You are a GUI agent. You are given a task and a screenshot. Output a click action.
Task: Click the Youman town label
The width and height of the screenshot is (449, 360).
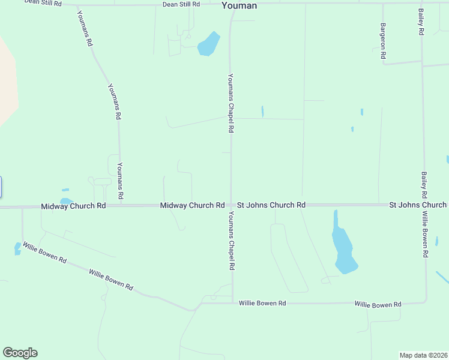[x=239, y=5]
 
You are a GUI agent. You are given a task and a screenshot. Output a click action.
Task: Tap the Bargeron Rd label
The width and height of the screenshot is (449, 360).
[x=383, y=41]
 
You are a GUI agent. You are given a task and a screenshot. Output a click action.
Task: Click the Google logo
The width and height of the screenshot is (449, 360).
[x=20, y=353]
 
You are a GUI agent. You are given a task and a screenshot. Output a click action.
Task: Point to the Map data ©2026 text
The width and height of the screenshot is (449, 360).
[x=423, y=355]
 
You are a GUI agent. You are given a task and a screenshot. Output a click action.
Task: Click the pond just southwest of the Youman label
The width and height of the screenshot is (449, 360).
[x=208, y=44]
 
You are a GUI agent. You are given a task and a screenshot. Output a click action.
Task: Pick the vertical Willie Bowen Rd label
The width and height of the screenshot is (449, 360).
[x=424, y=234]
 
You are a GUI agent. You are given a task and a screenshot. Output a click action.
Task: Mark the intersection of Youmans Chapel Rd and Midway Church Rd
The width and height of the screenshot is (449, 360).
[x=231, y=205]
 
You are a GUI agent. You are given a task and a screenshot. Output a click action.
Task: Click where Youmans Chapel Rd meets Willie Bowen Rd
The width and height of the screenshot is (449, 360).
[x=232, y=303]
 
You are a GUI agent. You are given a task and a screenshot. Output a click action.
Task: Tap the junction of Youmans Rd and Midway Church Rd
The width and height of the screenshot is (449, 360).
[x=120, y=205]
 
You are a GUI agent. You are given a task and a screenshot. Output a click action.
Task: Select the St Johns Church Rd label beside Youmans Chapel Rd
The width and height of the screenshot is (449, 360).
[x=271, y=205]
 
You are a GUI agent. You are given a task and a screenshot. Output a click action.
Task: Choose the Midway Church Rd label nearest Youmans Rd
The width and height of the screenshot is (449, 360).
[x=73, y=206]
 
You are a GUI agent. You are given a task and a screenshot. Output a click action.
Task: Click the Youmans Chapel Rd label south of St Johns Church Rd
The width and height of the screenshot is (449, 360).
[x=231, y=241]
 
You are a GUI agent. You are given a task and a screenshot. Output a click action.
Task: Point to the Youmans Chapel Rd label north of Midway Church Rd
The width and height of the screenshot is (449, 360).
[x=230, y=103]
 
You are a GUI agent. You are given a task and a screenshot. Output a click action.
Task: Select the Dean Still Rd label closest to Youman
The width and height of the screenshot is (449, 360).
[x=181, y=4]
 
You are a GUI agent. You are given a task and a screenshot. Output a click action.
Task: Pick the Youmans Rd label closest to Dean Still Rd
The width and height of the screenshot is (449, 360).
[x=85, y=28]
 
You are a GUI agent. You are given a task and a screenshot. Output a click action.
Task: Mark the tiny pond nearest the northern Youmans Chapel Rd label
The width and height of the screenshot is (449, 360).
[x=262, y=112]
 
